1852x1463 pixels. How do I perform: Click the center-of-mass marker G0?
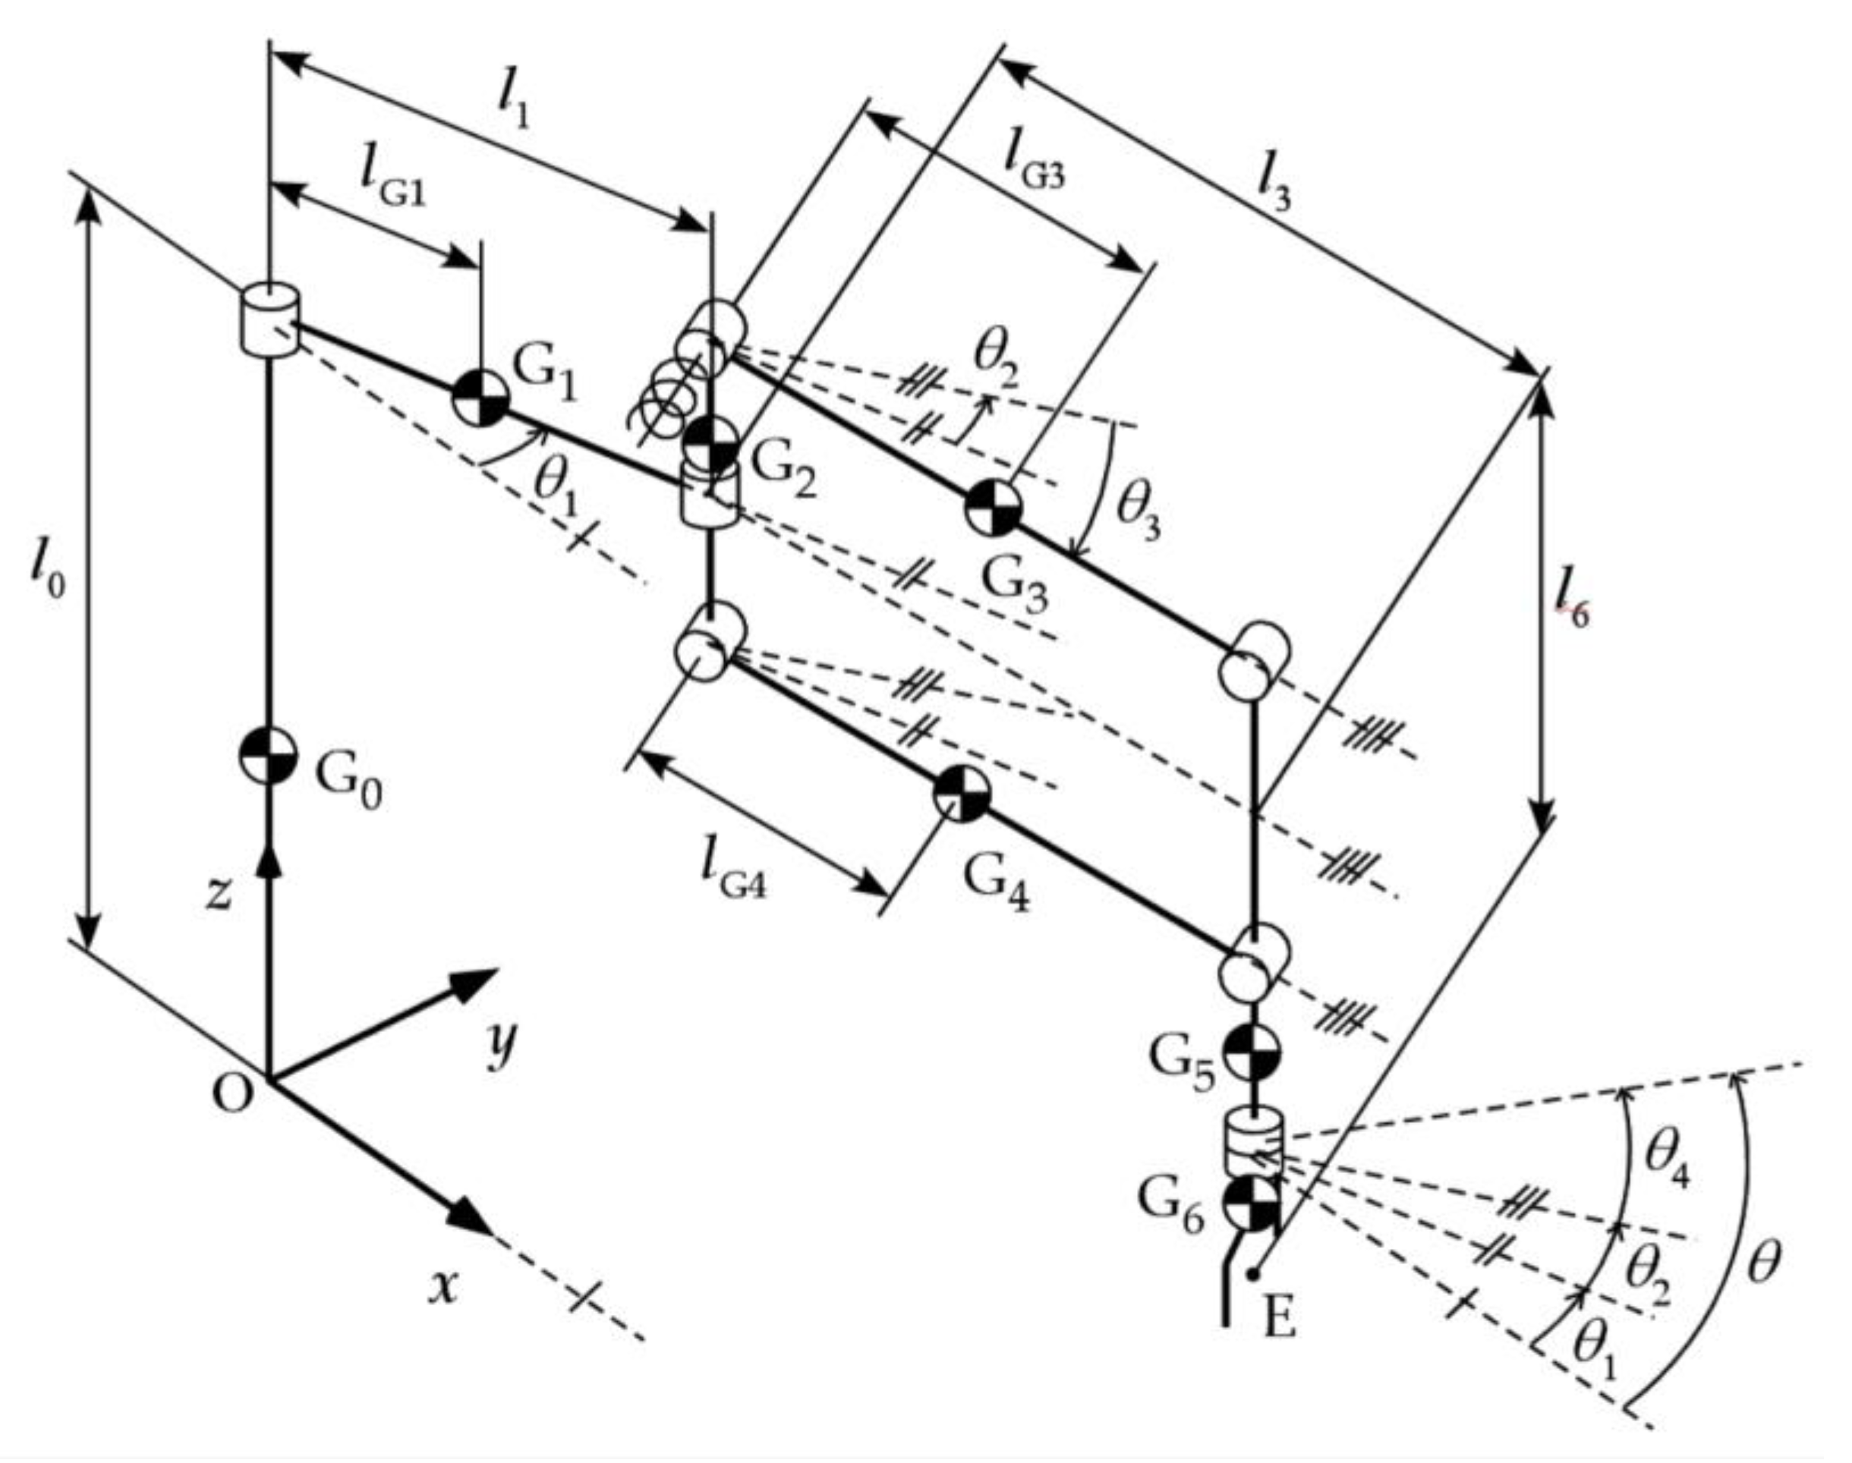coord(268,757)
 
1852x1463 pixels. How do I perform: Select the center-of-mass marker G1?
coord(480,398)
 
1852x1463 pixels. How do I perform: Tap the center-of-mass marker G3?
coord(994,508)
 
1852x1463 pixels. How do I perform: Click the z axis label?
coord(220,892)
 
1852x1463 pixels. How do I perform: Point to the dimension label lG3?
coord(1035,159)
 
